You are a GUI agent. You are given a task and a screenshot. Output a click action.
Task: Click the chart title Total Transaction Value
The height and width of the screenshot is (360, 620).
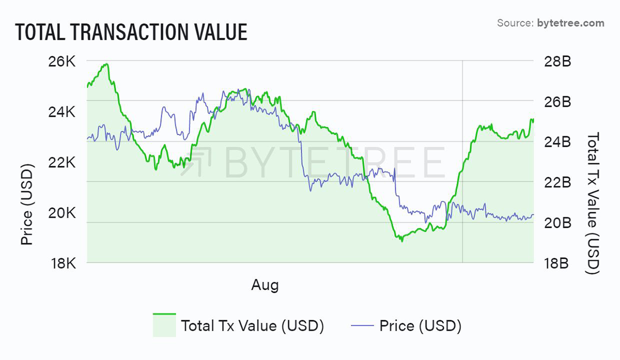click(x=131, y=32)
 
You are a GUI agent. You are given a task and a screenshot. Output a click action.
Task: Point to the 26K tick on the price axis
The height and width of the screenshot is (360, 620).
click(x=64, y=61)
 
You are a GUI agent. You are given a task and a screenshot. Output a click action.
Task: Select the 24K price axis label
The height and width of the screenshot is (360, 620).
click(x=64, y=112)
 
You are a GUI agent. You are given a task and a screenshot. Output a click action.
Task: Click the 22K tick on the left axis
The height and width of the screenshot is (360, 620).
click(x=64, y=163)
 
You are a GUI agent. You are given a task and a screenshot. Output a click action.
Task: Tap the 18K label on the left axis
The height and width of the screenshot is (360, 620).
click(x=64, y=263)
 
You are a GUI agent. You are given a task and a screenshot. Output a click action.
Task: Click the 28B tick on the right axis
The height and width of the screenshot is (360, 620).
click(x=557, y=61)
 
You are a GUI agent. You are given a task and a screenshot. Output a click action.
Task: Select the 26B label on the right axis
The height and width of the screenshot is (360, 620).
click(x=557, y=102)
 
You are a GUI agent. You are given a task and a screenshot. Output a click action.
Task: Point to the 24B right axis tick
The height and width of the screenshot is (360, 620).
click(x=557, y=142)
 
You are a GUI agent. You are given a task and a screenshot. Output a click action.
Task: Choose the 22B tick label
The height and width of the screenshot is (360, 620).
click(x=557, y=182)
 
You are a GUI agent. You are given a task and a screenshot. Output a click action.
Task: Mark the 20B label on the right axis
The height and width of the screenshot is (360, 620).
click(x=557, y=223)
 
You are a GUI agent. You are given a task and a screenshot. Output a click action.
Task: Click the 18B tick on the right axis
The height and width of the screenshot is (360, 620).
click(x=557, y=263)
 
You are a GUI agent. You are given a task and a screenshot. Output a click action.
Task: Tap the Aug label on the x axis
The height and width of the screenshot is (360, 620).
click(x=265, y=285)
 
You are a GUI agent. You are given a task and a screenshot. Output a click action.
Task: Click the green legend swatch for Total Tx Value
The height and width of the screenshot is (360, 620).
click(x=164, y=325)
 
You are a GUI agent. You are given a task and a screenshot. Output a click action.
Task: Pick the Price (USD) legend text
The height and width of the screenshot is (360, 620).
click(x=420, y=326)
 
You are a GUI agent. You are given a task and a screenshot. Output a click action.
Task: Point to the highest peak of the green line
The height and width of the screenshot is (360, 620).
click(x=106, y=64)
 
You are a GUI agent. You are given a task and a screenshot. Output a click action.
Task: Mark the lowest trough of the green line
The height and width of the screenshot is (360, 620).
click(x=401, y=241)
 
